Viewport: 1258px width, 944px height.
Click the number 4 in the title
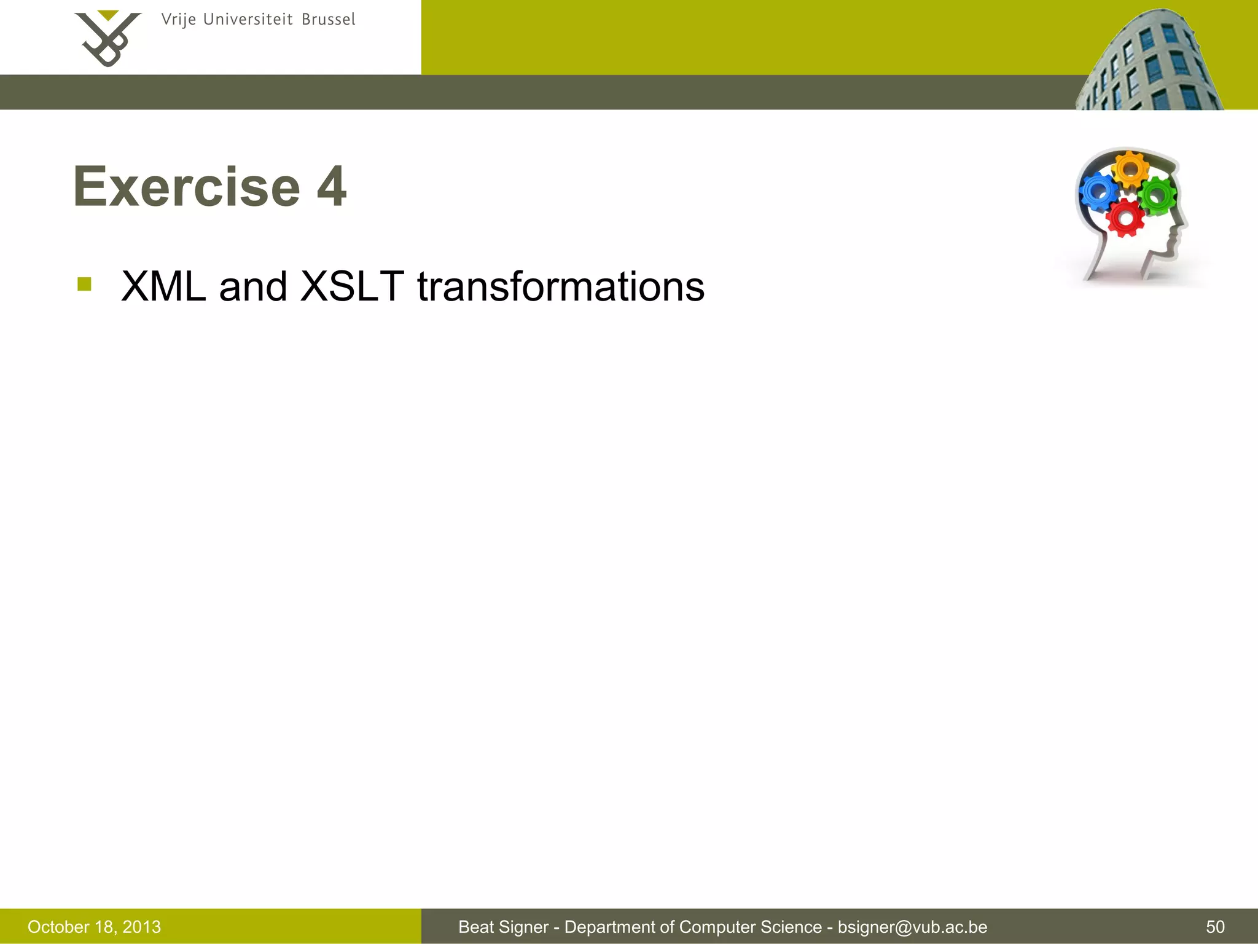click(x=332, y=187)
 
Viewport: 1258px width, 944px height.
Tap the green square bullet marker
click(x=85, y=284)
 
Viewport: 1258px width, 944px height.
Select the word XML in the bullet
click(x=163, y=286)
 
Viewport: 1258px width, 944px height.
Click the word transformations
click(x=560, y=286)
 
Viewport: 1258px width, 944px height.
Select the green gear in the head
click(x=1158, y=195)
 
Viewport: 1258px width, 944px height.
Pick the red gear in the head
click(x=1125, y=218)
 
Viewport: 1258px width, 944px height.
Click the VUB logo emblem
click(x=107, y=38)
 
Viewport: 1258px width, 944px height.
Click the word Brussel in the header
click(x=328, y=20)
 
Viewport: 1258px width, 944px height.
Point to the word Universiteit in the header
click(x=248, y=20)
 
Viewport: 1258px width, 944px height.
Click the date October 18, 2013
click(x=94, y=927)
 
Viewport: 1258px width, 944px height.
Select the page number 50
click(x=1215, y=927)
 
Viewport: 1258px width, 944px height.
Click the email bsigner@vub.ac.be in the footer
click(x=912, y=927)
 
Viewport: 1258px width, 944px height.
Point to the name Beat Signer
click(x=503, y=927)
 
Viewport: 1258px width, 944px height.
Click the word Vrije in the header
click(x=178, y=20)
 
